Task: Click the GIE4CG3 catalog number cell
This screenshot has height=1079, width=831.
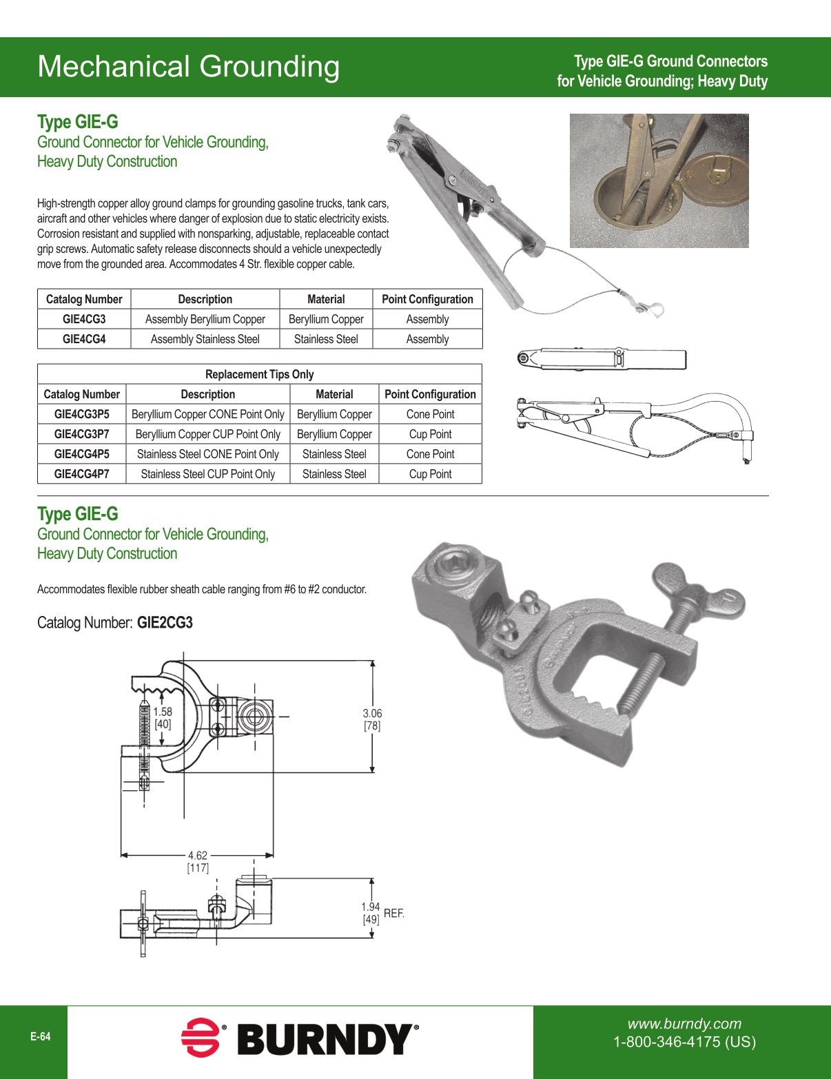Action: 84,319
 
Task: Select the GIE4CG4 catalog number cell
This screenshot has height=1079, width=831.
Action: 84,339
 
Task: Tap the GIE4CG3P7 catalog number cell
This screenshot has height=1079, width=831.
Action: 81,434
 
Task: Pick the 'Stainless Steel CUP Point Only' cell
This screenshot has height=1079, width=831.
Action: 207,474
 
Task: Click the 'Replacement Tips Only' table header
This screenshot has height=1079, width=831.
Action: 259,374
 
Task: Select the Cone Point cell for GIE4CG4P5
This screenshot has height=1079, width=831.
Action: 430,454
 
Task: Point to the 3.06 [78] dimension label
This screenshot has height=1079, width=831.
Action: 372,719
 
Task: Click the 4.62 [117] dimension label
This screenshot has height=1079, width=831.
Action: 198,861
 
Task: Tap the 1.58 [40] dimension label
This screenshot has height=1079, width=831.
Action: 163,718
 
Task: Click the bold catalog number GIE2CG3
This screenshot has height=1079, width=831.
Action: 165,623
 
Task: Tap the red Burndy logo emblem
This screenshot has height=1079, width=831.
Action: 201,1038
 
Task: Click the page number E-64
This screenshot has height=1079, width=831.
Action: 40,1037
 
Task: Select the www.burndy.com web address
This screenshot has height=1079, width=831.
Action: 684,1024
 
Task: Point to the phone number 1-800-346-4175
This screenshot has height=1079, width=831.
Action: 684,1042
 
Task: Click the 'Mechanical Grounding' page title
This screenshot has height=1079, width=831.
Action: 188,67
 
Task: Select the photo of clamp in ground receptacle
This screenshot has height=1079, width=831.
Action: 659,181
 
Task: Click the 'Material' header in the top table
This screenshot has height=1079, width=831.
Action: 326,299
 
